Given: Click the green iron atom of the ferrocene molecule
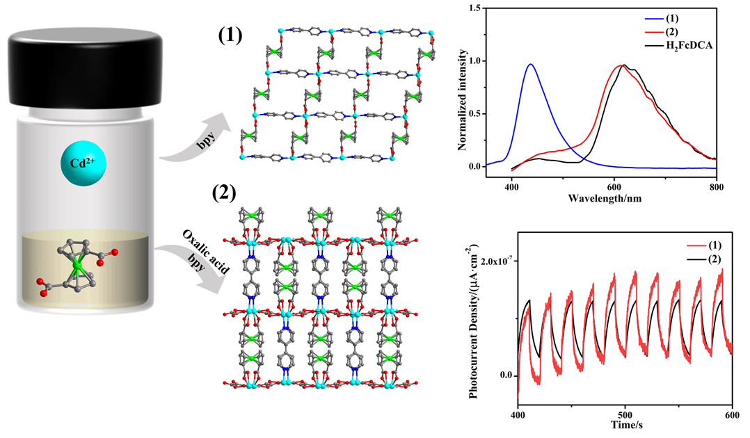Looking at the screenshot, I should coord(79,266).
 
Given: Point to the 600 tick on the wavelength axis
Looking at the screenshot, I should coord(614,185).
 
